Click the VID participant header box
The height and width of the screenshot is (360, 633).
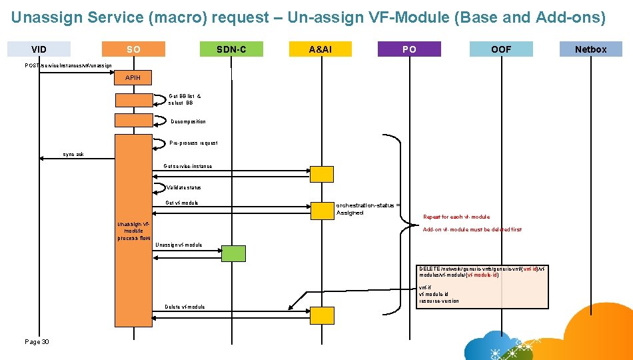(x=39, y=49)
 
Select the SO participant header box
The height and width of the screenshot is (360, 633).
(x=133, y=49)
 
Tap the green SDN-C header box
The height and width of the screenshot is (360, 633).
(x=231, y=49)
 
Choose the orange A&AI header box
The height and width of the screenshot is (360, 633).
(x=320, y=49)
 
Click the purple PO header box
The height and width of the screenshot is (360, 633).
(x=409, y=49)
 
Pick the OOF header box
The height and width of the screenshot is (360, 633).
(x=501, y=49)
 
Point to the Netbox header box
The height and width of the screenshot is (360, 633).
(x=590, y=49)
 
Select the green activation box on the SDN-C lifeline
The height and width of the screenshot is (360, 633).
(x=233, y=253)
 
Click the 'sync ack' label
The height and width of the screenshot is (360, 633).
(x=73, y=154)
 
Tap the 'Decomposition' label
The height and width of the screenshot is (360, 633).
(x=189, y=121)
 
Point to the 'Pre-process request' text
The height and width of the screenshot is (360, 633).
(x=193, y=143)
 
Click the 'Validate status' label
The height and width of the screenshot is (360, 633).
(x=183, y=187)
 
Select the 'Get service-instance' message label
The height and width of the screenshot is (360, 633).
(x=188, y=166)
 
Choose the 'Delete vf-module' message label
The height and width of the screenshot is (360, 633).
(x=185, y=307)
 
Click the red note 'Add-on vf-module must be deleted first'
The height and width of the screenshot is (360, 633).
(x=472, y=229)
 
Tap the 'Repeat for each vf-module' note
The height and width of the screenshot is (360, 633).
(x=456, y=217)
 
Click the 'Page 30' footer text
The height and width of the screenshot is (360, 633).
(x=37, y=341)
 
